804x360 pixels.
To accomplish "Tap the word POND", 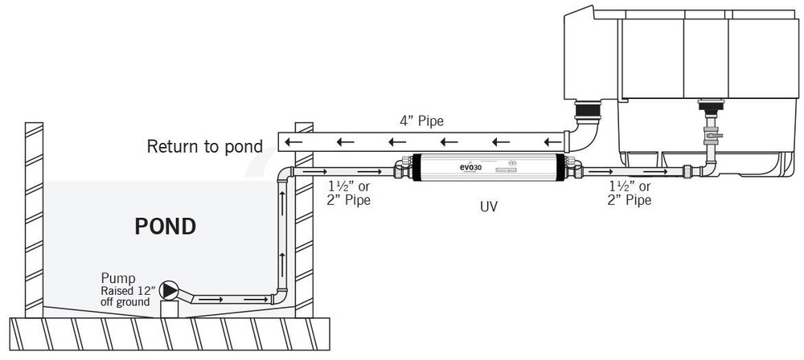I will coord(165,226).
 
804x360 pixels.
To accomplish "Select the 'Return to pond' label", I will coord(204,146).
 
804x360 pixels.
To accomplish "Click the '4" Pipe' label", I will coord(421,121).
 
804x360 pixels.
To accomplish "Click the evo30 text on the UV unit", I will coord(470,168).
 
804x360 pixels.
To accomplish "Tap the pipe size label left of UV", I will coord(348,194).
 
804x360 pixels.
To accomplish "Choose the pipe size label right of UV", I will coord(629,194).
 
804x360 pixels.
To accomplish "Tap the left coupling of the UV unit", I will coord(403,170).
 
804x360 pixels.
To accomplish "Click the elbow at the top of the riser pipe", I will coord(285,174).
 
